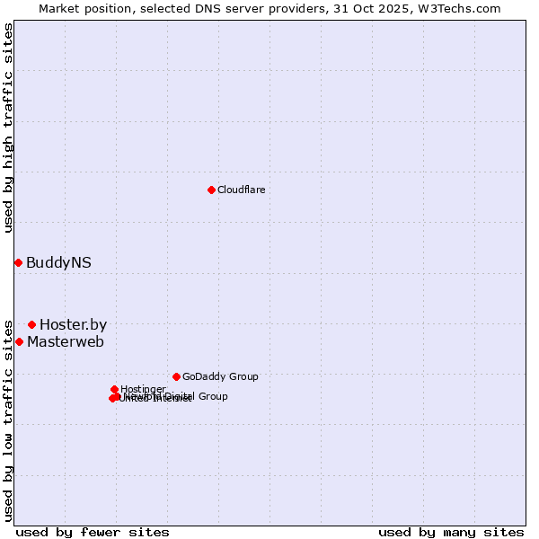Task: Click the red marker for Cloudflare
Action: pos(211,190)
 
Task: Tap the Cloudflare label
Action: pos(241,190)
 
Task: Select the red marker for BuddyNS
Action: pos(18,262)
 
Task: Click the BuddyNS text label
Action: pos(58,263)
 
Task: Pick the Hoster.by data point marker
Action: pos(31,324)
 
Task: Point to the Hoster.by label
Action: pos(73,325)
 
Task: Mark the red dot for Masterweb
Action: pos(19,341)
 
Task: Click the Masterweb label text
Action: pos(66,342)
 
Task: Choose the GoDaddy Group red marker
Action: pos(176,376)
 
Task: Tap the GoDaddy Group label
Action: pos(220,377)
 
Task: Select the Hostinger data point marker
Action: pos(114,389)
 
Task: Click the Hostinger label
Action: pos(143,389)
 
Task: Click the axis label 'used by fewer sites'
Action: pos(93,532)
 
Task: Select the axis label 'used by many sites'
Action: pos(451,532)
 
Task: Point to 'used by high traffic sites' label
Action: pos(8,128)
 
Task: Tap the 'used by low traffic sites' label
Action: pos(8,420)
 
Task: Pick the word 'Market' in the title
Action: pos(58,8)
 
